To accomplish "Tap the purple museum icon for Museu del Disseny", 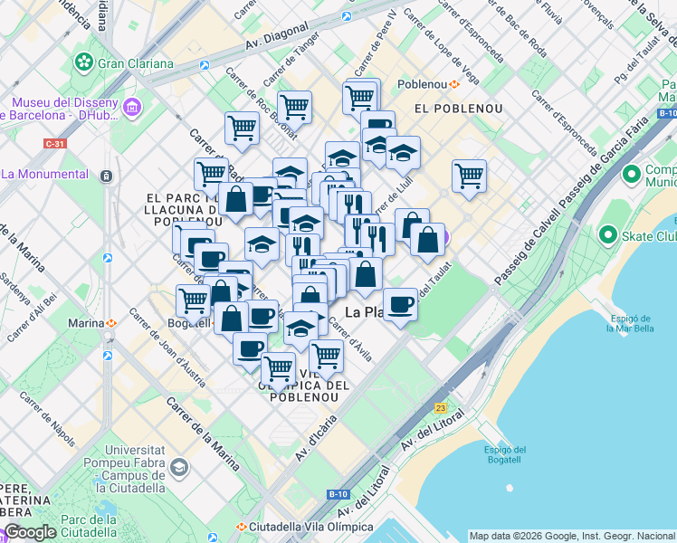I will point(132,108).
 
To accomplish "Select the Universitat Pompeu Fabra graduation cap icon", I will point(178,467).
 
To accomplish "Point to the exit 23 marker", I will point(441,408).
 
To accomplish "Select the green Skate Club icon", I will point(605,236).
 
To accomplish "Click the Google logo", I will point(29,532).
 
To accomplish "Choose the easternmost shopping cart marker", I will point(469,176).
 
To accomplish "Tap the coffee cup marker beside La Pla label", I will point(400,303).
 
